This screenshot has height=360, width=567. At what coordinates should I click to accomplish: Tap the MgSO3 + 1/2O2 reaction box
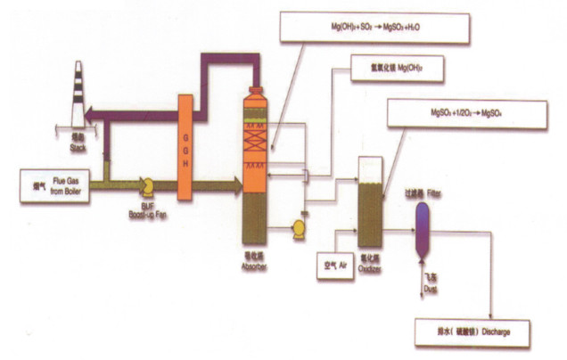click(x=466, y=116)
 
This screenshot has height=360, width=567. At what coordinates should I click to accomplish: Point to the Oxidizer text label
click(x=370, y=265)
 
